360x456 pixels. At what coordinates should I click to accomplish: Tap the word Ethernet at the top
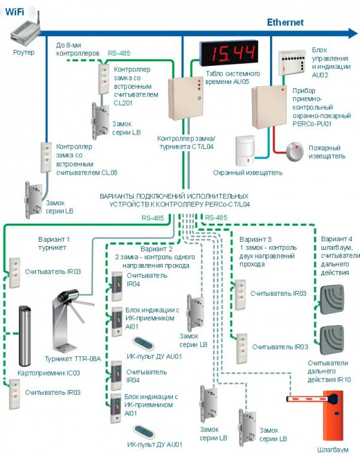(285, 22)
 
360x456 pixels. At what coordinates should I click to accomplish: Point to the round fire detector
(296, 151)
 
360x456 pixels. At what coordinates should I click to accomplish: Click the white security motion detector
(247, 152)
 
